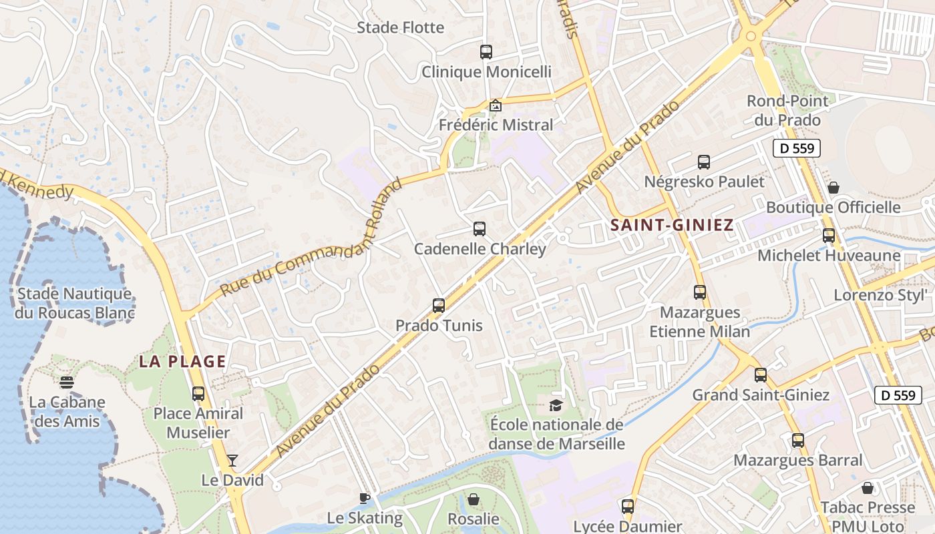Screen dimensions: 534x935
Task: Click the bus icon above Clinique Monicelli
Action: (x=486, y=51)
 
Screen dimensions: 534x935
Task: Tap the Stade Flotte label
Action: (x=400, y=27)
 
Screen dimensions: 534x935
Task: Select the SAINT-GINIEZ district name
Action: (x=672, y=225)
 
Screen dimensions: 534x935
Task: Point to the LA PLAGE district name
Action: (x=182, y=362)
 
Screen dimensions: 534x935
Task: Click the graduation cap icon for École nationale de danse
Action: (x=556, y=405)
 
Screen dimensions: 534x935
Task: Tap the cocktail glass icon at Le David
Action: (x=232, y=460)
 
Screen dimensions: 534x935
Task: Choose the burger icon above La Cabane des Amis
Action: (x=66, y=382)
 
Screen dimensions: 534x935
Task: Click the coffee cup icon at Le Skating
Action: (x=364, y=497)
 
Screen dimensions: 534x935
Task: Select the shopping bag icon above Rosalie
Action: (x=473, y=499)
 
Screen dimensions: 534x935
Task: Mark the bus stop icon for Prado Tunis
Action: (x=438, y=306)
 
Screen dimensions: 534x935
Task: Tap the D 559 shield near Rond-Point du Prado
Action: (x=796, y=148)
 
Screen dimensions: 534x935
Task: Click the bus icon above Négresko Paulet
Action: (x=704, y=162)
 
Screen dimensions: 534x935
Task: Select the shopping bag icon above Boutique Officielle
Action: (x=833, y=188)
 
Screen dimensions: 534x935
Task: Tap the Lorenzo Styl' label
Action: (x=880, y=294)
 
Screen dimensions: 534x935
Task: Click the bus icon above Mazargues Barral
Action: (x=797, y=441)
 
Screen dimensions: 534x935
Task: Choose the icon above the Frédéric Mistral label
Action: (x=495, y=105)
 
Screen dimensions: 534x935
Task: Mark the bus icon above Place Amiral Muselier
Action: (x=198, y=393)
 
